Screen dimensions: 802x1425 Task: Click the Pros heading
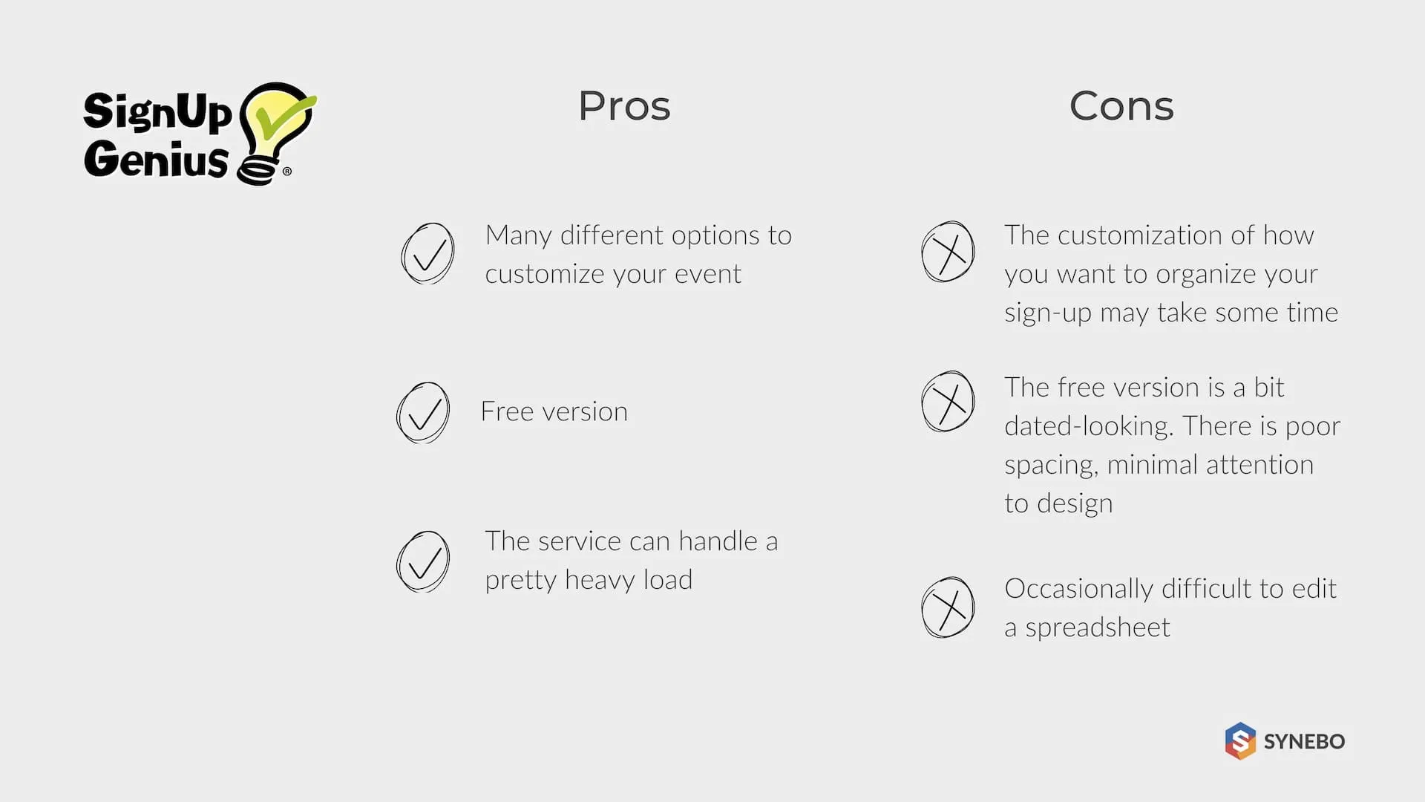tap(624, 106)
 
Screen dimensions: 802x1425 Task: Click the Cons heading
tap(1121, 106)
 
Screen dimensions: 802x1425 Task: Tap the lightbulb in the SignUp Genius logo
tap(275, 130)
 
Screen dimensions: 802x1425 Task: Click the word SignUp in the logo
tap(157, 112)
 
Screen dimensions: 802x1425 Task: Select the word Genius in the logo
tap(156, 159)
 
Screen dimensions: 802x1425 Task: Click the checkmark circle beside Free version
tap(423, 413)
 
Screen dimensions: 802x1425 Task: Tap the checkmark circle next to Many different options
tap(427, 253)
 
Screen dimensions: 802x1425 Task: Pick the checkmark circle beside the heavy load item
tap(423, 561)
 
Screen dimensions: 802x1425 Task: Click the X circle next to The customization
tap(948, 252)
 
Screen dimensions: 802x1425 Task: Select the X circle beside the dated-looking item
tap(948, 402)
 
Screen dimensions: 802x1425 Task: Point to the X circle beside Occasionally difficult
tap(948, 607)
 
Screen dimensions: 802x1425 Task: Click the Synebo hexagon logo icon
tap(1240, 740)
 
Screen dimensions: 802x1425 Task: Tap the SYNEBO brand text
tap(1304, 741)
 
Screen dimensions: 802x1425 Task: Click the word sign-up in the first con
tap(1048, 313)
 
